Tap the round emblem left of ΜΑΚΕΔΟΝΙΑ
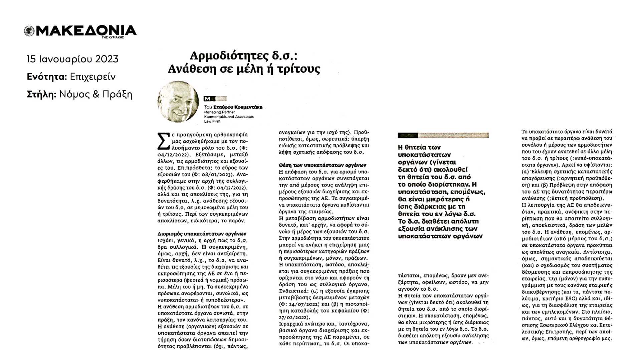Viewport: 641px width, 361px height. pos(29,31)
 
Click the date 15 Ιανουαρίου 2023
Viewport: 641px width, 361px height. pos(72,59)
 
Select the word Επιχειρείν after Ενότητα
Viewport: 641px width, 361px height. pos(93,77)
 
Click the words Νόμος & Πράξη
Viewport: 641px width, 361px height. pos(95,95)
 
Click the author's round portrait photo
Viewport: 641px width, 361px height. pos(178,102)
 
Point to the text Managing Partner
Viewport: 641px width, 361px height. pos(219,112)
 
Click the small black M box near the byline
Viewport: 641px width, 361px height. pos(208,99)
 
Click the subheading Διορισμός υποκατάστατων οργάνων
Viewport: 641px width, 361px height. pos(202,234)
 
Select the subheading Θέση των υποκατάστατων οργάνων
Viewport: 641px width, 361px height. pos(323,165)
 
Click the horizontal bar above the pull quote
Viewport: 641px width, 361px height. pos(443,135)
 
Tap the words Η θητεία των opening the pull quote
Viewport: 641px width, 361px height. pos(419,147)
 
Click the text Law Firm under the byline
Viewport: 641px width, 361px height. pos(212,121)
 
